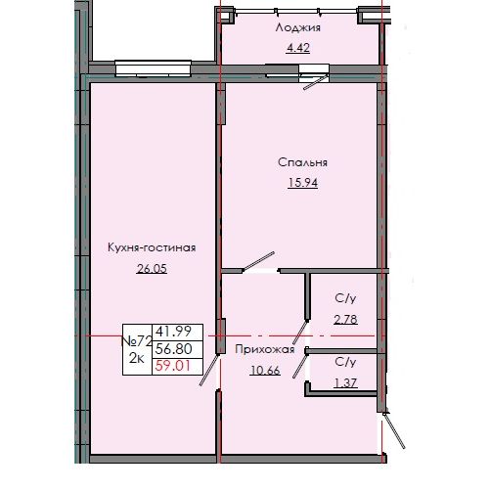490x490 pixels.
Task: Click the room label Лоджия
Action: pos(298,28)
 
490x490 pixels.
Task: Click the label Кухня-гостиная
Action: pos(152,248)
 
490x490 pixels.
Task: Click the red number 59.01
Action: pos(167,368)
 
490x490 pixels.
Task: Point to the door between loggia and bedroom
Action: pos(315,76)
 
